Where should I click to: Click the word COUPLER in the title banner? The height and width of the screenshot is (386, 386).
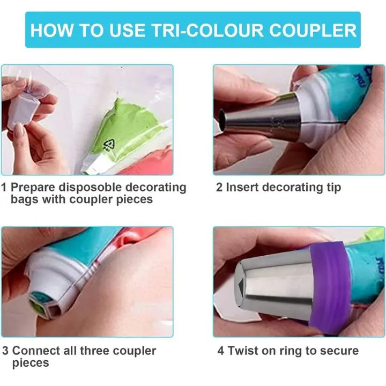[313, 30]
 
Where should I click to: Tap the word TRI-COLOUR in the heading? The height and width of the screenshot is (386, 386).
[207, 30]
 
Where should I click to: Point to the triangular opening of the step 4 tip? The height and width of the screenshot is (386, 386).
[241, 286]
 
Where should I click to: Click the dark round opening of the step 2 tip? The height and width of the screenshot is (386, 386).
[221, 120]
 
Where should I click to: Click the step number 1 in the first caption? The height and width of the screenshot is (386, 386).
[3, 187]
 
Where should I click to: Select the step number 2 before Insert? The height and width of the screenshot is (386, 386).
[219, 187]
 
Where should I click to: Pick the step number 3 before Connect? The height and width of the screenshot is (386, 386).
[5, 351]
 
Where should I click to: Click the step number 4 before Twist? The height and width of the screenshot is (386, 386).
[221, 351]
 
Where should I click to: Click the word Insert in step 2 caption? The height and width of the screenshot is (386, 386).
[242, 187]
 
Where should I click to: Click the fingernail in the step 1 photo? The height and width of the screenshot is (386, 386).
[19, 130]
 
